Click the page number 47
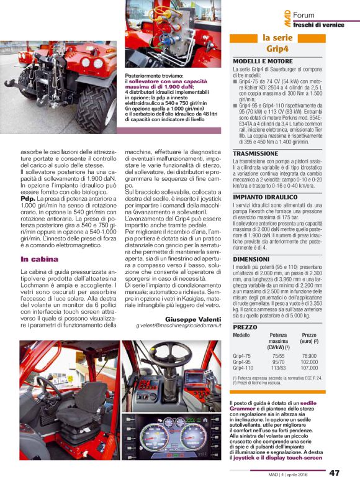[x=334, y=474]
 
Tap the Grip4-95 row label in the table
[x=242, y=362]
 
